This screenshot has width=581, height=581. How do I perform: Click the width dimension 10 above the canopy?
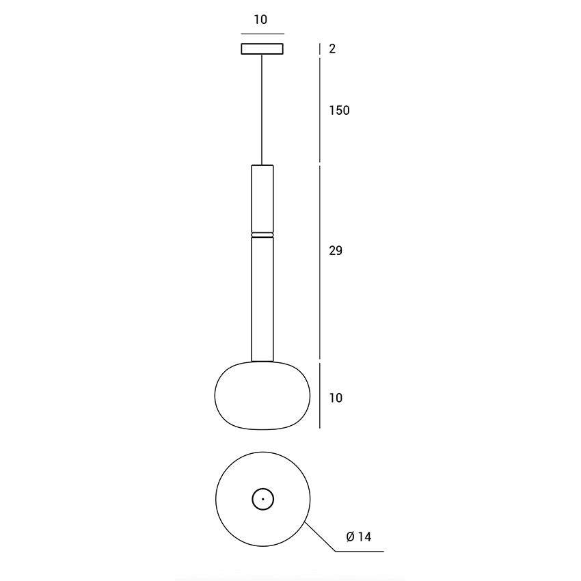tap(260, 20)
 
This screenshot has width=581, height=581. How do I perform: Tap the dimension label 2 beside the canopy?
tap(332, 49)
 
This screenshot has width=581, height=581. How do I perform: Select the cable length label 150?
tap(339, 111)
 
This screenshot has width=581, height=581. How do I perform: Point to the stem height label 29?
tap(336, 251)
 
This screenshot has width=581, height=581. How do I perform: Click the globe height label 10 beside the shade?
tap(336, 398)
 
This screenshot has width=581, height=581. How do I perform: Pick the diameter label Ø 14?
tap(359, 537)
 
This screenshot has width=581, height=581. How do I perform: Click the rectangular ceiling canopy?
tap(262, 49)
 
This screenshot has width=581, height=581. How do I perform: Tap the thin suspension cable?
tap(262, 109)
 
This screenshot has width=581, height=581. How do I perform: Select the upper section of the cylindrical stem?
tap(262, 199)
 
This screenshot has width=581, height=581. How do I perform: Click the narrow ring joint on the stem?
tap(262, 235)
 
